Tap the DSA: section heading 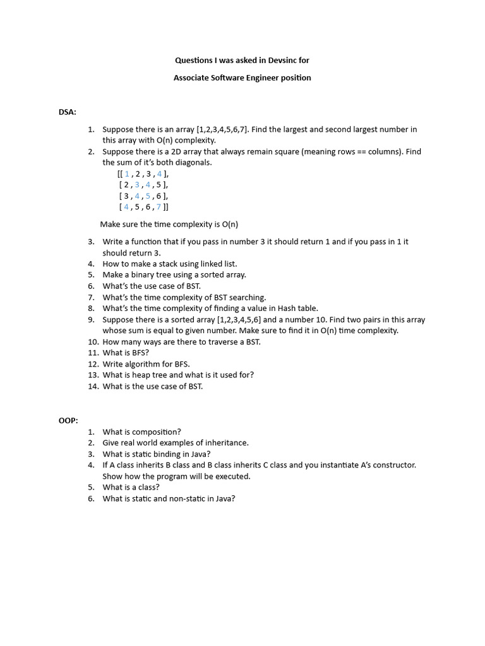pos(68,112)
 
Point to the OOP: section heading pos(68,420)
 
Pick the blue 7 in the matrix pos(159,206)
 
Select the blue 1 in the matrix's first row pos(127,173)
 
